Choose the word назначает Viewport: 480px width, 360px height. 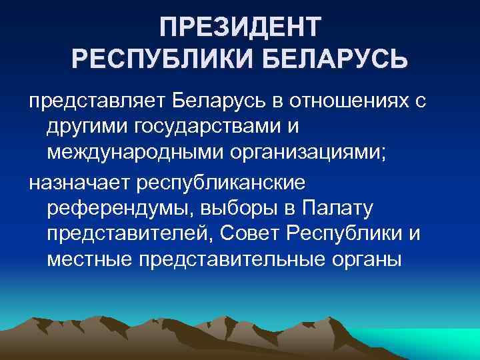click(x=81, y=182)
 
